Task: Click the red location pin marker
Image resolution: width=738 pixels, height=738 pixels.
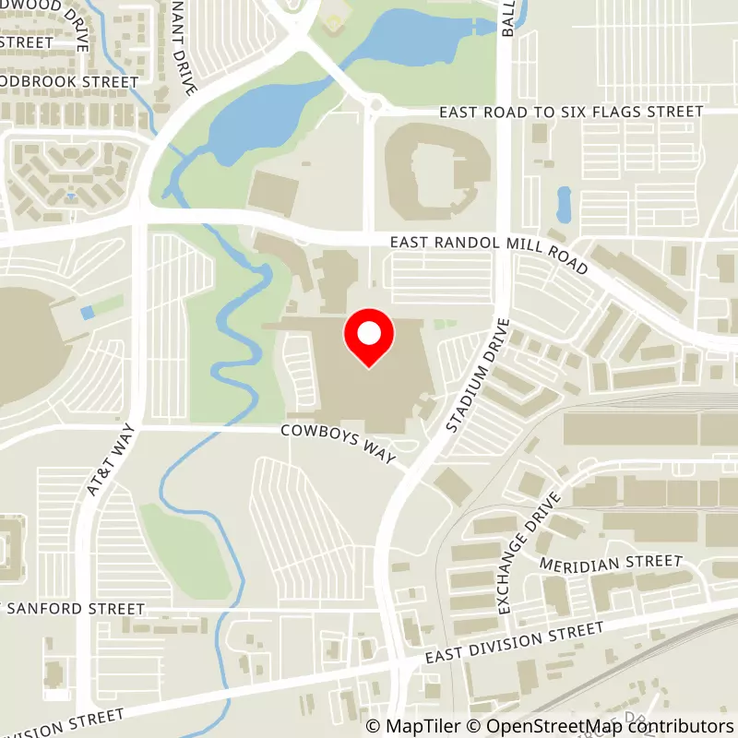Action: pos(368,336)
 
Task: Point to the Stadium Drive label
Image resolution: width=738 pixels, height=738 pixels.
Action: pos(476,375)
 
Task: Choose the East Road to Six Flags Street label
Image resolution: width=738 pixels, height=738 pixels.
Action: pos(570,112)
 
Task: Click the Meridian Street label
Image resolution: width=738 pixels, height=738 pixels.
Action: pos(610,562)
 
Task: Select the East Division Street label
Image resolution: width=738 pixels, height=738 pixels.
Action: pos(514,643)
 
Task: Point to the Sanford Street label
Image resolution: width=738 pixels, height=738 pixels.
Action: pos(74,609)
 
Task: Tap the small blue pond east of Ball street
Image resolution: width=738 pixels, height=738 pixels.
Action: pos(563,203)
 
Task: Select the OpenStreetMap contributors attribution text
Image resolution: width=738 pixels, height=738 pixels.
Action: pos(596,726)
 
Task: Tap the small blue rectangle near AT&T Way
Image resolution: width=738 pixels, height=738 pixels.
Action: pos(87,313)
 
